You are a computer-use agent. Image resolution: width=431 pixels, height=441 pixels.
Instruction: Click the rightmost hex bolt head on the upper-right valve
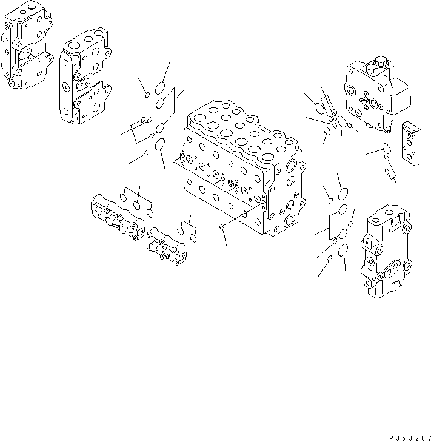[x=382, y=61]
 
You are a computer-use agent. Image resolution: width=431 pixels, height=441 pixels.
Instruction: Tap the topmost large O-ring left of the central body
[x=161, y=87]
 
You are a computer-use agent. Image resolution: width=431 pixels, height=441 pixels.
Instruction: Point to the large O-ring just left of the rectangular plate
[x=386, y=147]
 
